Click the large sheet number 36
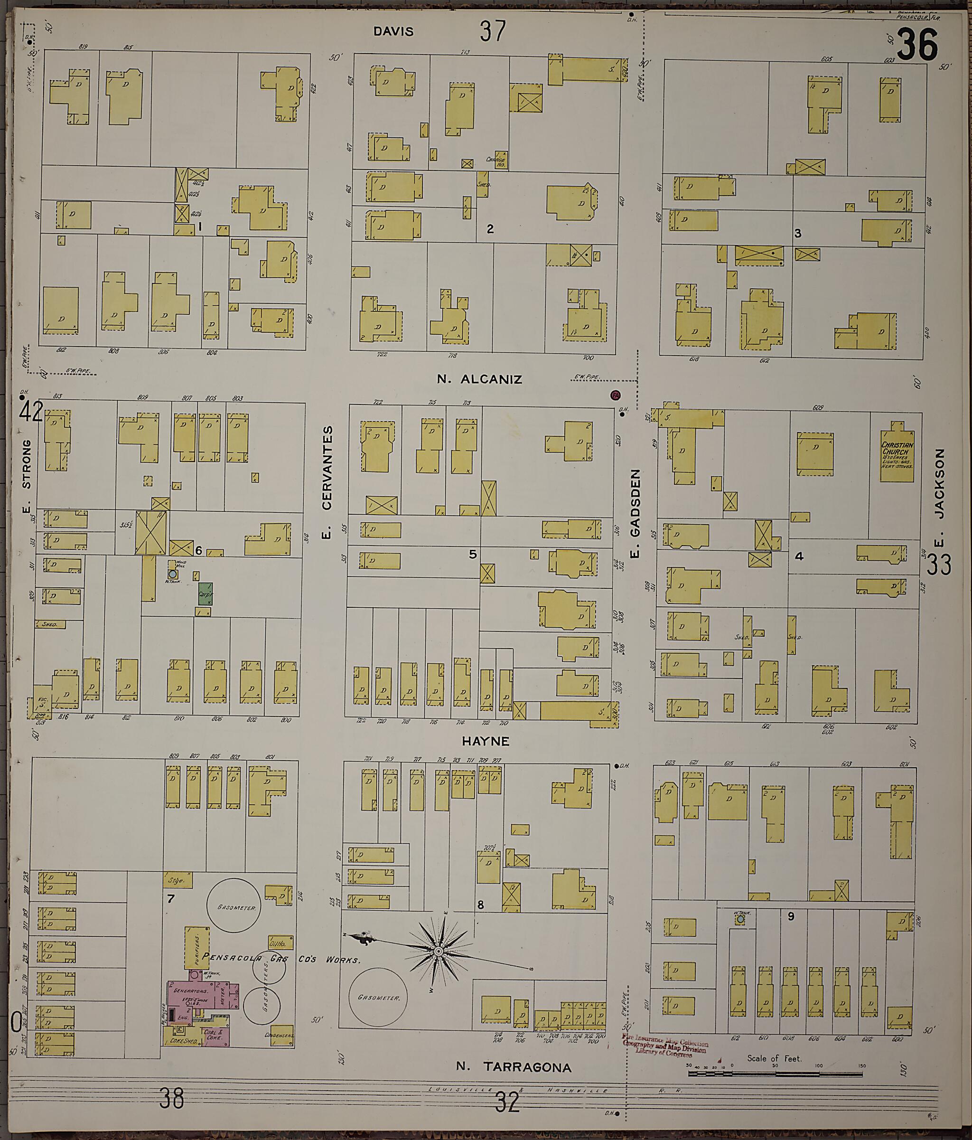click(917, 45)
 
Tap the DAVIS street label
click(393, 31)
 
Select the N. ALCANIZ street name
click(479, 379)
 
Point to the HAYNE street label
click(485, 741)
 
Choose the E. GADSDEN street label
click(636, 513)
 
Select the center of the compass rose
click(439, 952)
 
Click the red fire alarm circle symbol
click(615, 395)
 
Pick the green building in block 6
click(205, 594)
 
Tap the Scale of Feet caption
click(774, 1058)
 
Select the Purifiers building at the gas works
click(196, 947)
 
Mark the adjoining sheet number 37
click(492, 31)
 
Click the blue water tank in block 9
click(740, 919)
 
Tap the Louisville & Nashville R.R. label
click(556, 1090)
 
